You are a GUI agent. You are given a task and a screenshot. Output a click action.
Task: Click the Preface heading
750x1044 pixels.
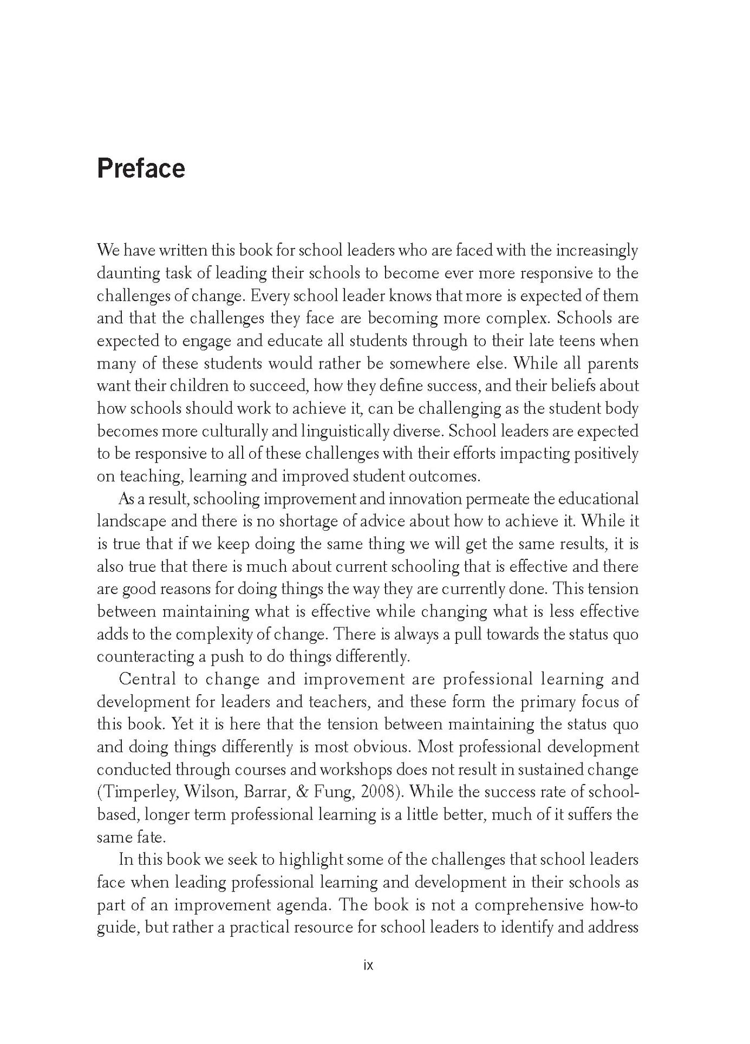pos(141,168)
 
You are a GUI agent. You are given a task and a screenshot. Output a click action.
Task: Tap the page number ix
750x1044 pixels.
pos(368,965)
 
